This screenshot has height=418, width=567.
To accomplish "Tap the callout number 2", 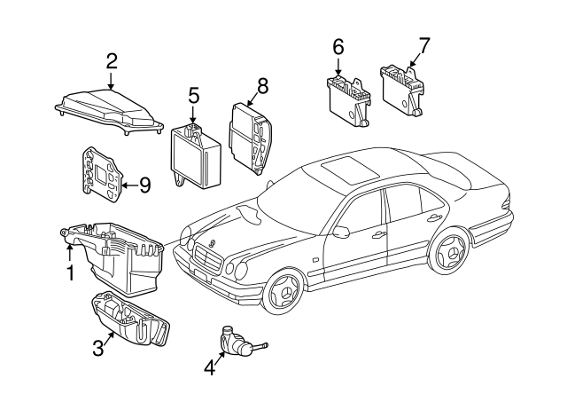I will [112, 61].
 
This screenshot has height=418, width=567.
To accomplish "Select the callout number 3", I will [98, 347].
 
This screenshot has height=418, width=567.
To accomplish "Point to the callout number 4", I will [209, 366].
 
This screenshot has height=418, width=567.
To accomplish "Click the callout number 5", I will [193, 95].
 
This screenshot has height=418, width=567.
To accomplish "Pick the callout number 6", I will [338, 45].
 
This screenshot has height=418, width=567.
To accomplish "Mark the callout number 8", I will [261, 86].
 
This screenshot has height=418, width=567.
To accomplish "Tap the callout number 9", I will [144, 185].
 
